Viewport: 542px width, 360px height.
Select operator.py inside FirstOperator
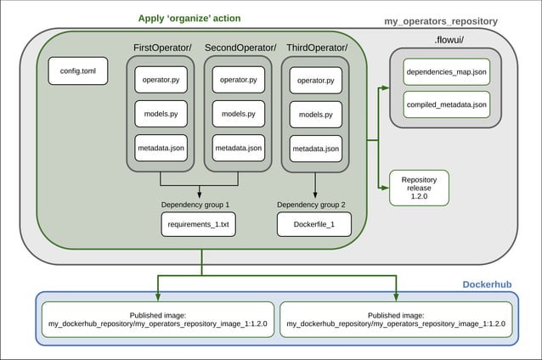161,80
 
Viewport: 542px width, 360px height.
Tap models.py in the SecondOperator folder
238,113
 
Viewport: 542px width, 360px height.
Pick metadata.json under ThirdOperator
315,149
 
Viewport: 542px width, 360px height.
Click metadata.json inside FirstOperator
161,149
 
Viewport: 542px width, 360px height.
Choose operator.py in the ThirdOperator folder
315,81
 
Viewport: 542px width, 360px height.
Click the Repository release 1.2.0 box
418,188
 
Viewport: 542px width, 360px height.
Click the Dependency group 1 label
195,205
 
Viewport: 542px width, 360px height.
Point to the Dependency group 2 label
312,205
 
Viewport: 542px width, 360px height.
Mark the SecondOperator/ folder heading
240,47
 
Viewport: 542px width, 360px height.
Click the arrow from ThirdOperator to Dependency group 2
315,185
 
